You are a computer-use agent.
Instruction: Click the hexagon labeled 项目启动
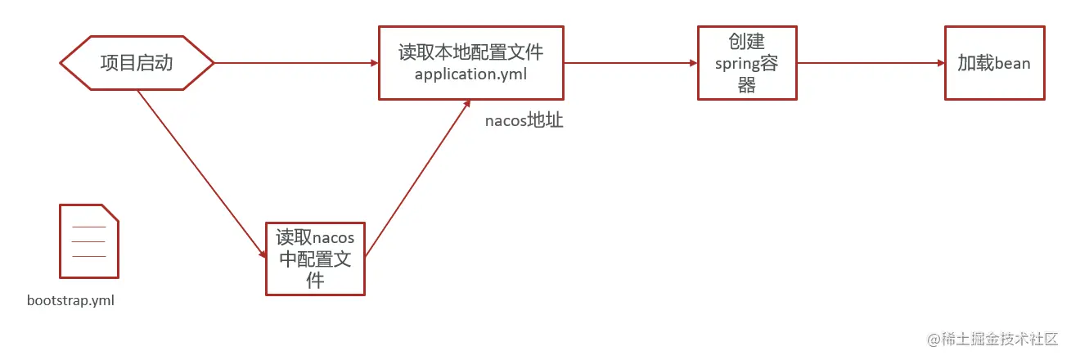click(137, 63)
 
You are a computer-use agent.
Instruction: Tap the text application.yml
click(470, 74)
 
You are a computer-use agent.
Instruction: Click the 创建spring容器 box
click(747, 63)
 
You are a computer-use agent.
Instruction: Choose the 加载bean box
click(994, 63)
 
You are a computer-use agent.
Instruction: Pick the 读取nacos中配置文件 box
click(315, 259)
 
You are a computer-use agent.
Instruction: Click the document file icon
click(88, 241)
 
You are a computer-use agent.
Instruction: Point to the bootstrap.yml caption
click(70, 300)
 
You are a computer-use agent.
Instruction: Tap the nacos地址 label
click(524, 122)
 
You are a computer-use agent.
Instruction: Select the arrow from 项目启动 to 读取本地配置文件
click(295, 63)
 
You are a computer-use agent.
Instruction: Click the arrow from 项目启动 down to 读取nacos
click(200, 172)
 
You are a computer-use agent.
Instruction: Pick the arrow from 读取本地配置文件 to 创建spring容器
click(630, 63)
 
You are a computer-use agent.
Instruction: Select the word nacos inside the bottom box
click(334, 238)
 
